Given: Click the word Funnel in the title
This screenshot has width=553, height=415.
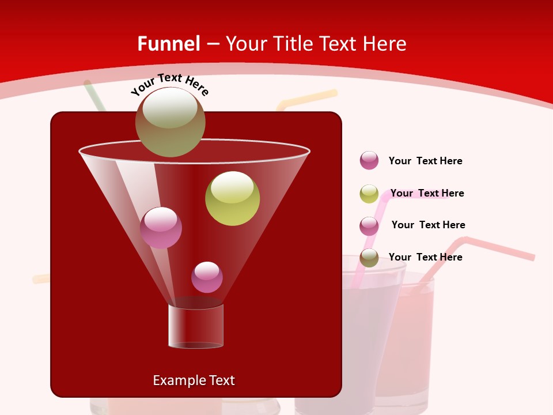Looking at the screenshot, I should (x=168, y=44).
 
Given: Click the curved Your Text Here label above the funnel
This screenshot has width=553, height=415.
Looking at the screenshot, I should (x=169, y=84).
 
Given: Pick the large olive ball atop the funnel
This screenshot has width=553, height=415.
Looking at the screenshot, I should (x=170, y=122).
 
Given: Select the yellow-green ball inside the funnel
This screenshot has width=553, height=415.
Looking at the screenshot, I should (x=232, y=198).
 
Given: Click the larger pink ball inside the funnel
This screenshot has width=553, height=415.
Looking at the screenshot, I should (x=161, y=228).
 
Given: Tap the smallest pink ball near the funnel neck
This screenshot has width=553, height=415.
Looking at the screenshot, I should (x=207, y=277).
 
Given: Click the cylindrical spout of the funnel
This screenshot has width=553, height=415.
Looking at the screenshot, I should (x=195, y=326).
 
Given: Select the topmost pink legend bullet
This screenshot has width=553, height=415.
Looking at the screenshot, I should (x=369, y=160).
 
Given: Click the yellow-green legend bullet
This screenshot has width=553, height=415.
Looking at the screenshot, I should (x=369, y=194).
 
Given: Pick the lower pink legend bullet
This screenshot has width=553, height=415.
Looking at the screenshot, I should (x=369, y=226).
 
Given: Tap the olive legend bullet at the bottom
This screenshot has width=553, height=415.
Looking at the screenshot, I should (x=369, y=258).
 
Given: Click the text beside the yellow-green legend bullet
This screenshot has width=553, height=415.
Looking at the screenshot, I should (x=427, y=193).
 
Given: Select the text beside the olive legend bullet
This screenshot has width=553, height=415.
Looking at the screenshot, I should (x=425, y=257).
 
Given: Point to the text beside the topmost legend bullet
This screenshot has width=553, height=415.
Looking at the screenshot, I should (x=425, y=161).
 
